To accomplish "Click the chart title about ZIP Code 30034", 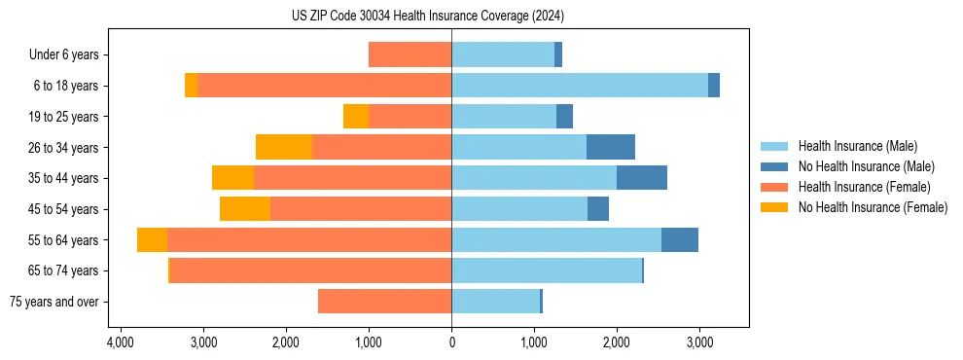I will [x=427, y=17].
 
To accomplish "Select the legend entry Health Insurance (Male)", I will [x=857, y=146].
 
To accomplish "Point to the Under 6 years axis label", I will [x=69, y=54].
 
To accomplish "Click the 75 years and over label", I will [x=54, y=302].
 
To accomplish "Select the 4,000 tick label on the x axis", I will [x=120, y=342].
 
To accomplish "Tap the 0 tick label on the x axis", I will [x=451, y=342].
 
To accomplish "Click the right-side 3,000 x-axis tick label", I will [x=699, y=342].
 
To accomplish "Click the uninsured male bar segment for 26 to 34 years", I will [x=611, y=147].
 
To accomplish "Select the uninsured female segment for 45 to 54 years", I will [x=245, y=209].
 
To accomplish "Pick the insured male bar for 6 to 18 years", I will [x=580, y=86].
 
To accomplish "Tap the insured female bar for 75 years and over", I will [x=384, y=302].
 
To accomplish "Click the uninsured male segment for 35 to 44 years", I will [x=642, y=178].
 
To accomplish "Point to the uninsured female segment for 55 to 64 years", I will [x=152, y=239].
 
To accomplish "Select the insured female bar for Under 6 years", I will [x=410, y=54].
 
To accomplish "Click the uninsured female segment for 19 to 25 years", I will [x=356, y=117].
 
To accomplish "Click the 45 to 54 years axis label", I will [x=64, y=209].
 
